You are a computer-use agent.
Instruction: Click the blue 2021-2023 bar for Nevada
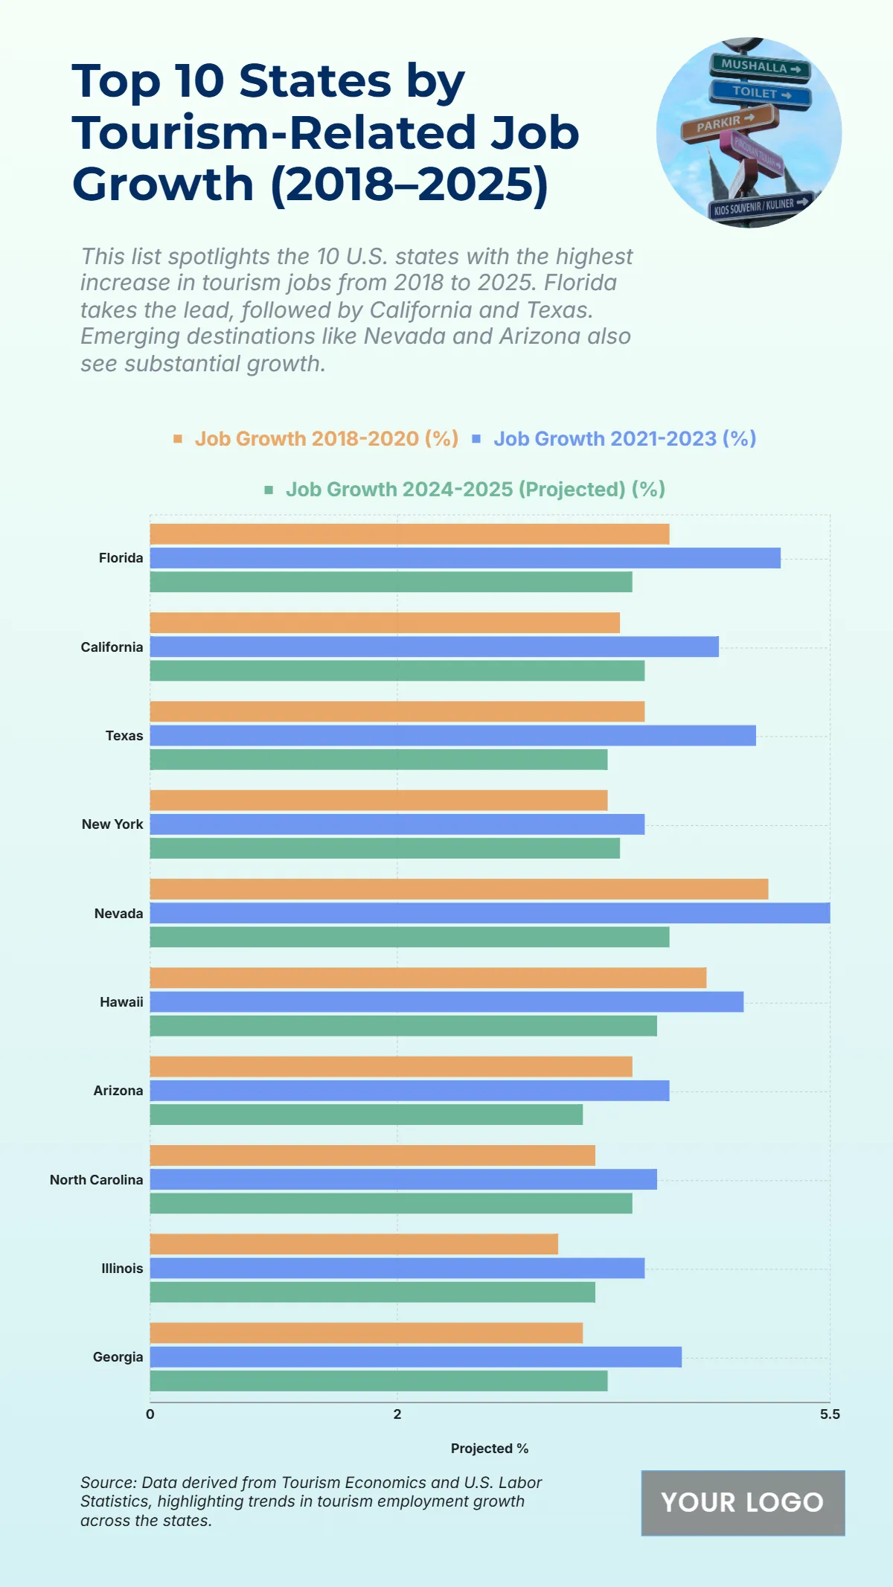pos(490,913)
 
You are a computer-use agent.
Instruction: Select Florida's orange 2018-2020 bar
pos(409,534)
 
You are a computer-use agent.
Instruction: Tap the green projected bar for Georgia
pos(379,1381)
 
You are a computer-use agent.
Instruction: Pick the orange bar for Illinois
pos(353,1244)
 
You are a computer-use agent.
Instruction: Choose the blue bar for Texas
pos(452,736)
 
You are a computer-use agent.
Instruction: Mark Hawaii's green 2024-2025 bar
pos(403,1026)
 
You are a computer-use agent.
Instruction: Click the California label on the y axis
pos(112,647)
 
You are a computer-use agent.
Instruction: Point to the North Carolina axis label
pos(96,1180)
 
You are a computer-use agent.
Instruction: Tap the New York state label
pos(112,824)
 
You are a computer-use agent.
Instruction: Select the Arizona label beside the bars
pos(118,1091)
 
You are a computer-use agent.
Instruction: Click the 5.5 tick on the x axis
pos(829,1414)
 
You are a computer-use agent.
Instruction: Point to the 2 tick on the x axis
pos(397,1414)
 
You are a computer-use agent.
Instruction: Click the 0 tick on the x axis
pos(150,1414)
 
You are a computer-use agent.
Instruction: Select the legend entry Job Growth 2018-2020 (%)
pos(326,439)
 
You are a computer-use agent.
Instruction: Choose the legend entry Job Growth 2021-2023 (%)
pos(624,439)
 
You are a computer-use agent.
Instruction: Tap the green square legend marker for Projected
pos(269,490)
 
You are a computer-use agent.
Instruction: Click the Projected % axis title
pos(489,1449)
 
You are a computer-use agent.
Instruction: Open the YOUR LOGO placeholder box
pos(743,1503)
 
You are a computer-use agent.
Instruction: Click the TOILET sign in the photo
pos(759,93)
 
